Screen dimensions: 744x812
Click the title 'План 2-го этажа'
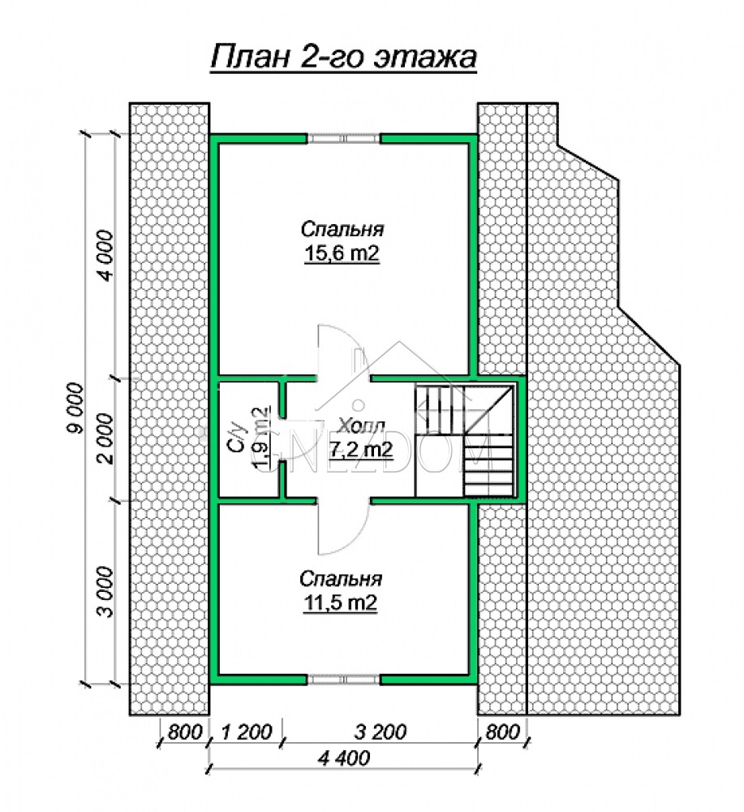point(343,57)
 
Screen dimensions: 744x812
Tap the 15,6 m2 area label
point(342,253)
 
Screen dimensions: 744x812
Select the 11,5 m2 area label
point(340,603)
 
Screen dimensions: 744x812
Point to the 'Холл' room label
point(361,426)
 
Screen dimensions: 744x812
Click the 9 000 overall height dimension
point(75,408)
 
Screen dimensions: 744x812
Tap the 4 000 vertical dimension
point(105,255)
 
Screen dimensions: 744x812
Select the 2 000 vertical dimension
point(105,438)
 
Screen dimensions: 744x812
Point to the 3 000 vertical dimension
point(105,592)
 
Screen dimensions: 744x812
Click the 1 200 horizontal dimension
point(247,732)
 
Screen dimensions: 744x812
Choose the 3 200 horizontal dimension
point(381,732)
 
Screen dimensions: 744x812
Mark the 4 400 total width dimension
point(344,758)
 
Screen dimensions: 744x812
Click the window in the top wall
point(343,138)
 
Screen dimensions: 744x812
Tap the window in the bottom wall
point(343,680)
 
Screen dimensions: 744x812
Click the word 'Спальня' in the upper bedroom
point(342,229)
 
